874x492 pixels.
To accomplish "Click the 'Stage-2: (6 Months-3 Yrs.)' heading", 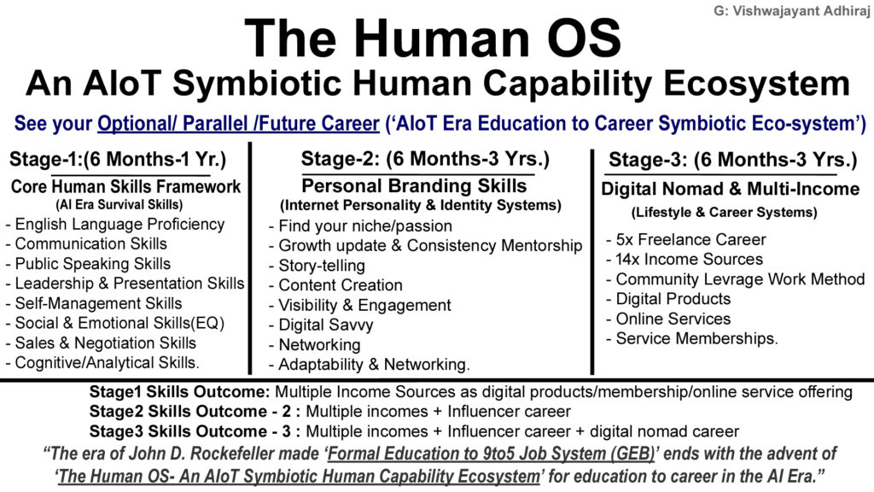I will point(424,159).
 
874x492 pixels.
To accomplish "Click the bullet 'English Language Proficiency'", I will point(115,225).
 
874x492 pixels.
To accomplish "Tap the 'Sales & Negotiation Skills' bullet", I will point(102,343).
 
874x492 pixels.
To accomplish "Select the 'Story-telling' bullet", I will point(317,266).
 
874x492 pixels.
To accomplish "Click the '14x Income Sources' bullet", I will point(685,260).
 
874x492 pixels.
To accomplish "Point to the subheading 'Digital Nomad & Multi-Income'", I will point(730,189).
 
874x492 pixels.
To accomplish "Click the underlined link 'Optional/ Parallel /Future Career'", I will point(238,125).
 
